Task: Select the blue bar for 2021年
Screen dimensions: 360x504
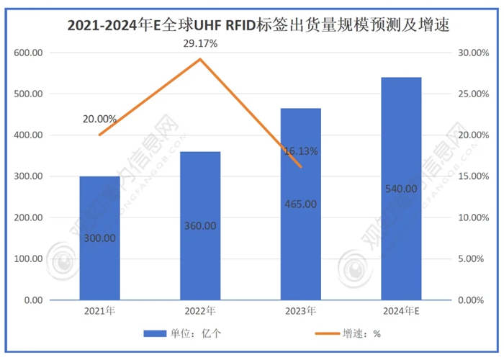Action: pos(99,238)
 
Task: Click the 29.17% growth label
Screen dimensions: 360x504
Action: pos(200,45)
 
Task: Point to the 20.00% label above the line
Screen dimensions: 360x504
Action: pos(99,119)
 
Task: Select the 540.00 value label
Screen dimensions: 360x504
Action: pos(401,189)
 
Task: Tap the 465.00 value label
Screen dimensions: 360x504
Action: pos(301,204)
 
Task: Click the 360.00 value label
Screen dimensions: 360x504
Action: pos(200,225)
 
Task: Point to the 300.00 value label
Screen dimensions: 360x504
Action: pos(99,238)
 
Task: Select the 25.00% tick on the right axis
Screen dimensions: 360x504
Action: pos(473,94)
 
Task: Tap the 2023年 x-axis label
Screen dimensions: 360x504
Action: pos(300,311)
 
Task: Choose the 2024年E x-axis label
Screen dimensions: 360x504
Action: pos(401,311)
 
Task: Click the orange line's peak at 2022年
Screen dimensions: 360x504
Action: pos(200,59)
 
